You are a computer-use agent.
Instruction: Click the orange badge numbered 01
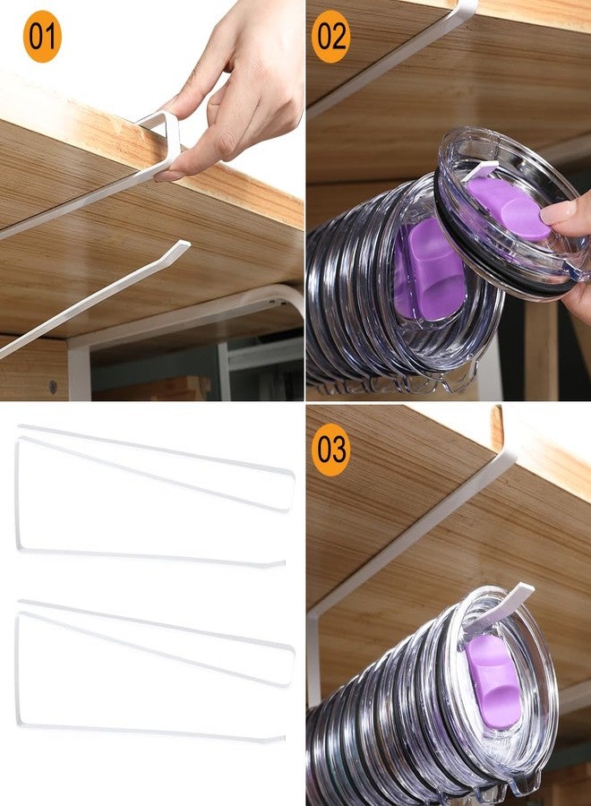click(42, 37)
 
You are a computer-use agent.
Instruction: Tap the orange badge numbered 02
click(331, 37)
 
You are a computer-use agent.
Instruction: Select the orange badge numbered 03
click(331, 450)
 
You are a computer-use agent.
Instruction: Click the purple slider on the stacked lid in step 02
click(430, 270)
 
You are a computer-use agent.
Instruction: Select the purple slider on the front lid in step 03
click(492, 680)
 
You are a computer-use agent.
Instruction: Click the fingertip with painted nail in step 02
click(558, 210)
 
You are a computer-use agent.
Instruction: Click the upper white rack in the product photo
click(155, 496)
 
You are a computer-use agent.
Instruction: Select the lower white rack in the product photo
click(155, 671)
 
